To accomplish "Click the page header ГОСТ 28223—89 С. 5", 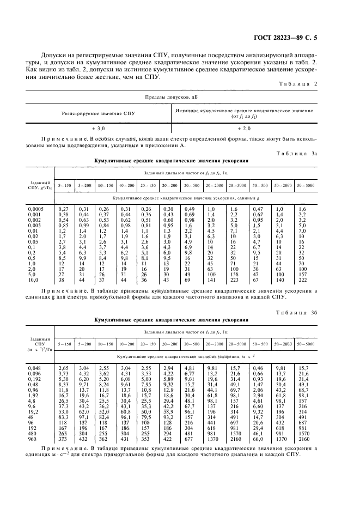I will point(292,37).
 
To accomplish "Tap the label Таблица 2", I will point(298,83).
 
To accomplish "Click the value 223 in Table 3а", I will point(235,280).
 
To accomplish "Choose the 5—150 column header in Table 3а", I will point(64,185).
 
